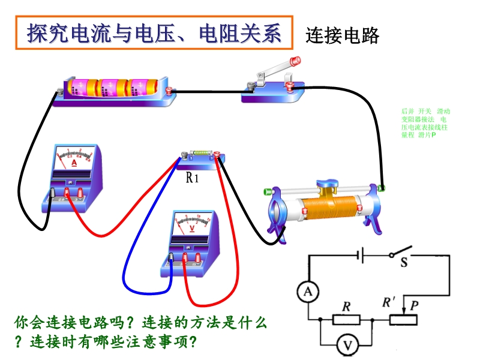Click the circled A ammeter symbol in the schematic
[308, 292]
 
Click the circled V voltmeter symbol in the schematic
[346, 345]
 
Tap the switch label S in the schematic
[404, 262]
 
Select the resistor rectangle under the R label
[346, 320]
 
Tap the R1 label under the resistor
[193, 178]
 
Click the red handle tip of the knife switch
[295, 61]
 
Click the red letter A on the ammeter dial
[74, 163]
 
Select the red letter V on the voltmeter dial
[193, 229]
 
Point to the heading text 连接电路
[343, 36]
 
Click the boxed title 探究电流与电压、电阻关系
[154, 33]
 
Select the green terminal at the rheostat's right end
[382, 188]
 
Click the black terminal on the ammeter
[53, 193]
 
